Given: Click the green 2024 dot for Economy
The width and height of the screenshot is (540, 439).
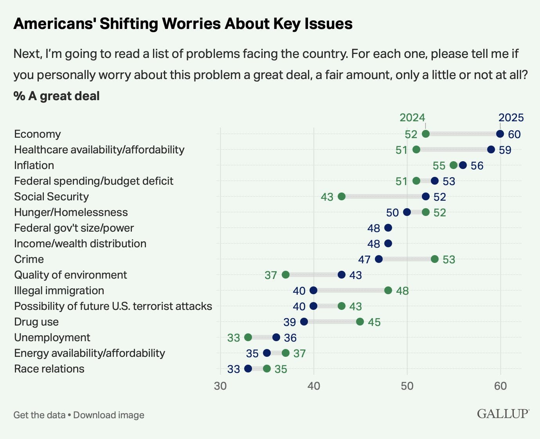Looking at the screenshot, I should coord(426,134).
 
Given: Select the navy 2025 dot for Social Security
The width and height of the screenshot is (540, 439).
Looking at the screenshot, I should coord(426,196).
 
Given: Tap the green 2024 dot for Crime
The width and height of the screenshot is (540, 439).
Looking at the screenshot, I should coord(435,259).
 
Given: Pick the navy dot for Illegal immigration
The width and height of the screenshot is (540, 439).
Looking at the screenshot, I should coord(313,290).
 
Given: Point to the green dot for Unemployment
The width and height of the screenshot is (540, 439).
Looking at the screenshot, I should coord(248,337).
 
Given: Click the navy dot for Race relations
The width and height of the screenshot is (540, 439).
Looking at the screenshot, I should coord(248,369).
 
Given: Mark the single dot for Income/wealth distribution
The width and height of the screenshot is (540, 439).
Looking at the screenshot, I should coord(388,243).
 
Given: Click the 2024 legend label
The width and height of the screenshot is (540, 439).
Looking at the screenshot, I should coord(412,117).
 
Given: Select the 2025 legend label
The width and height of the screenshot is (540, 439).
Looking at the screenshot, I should coord(511,117).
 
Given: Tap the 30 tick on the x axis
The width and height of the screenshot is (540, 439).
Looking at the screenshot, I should coord(220,386).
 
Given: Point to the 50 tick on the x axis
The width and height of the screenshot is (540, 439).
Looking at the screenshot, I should coord(407,386).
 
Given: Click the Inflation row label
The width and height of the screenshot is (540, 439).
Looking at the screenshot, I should coord(34,165).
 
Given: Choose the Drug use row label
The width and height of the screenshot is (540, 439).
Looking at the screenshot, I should coord(36,322).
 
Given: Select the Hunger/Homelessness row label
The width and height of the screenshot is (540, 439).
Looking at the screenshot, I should coord(71,212).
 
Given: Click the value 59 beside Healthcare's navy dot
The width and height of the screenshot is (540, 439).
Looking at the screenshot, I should coord(505,150).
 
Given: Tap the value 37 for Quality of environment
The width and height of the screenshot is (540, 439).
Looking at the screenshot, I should coord(271,275).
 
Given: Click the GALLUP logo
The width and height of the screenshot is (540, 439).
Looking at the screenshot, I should coord(503,414).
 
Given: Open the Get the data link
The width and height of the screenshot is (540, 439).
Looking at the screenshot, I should coord(39,415).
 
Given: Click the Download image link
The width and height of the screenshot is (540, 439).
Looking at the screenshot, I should coord(109,415).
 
